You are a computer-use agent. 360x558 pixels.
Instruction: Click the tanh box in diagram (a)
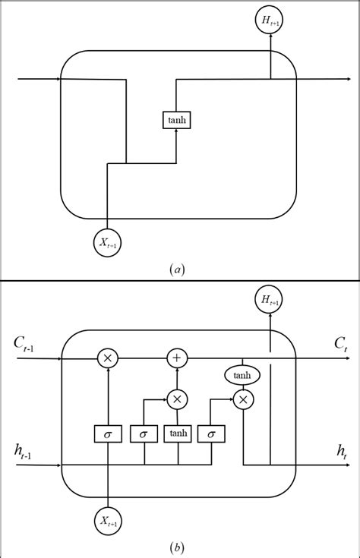(176, 120)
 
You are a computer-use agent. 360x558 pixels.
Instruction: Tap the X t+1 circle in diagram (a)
(108, 242)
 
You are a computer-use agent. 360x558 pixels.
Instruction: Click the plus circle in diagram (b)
(177, 357)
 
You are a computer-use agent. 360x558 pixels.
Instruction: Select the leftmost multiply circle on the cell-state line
(108, 357)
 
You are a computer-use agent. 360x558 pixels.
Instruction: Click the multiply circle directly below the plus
(177, 399)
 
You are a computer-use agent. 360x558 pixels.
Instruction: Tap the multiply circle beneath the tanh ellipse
(242, 399)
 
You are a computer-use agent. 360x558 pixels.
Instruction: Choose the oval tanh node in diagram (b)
(242, 375)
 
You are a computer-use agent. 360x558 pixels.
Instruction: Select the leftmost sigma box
(108, 433)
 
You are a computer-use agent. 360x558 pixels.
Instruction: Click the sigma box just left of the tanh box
(144, 433)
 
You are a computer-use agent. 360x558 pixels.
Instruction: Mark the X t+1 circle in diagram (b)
(108, 519)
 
